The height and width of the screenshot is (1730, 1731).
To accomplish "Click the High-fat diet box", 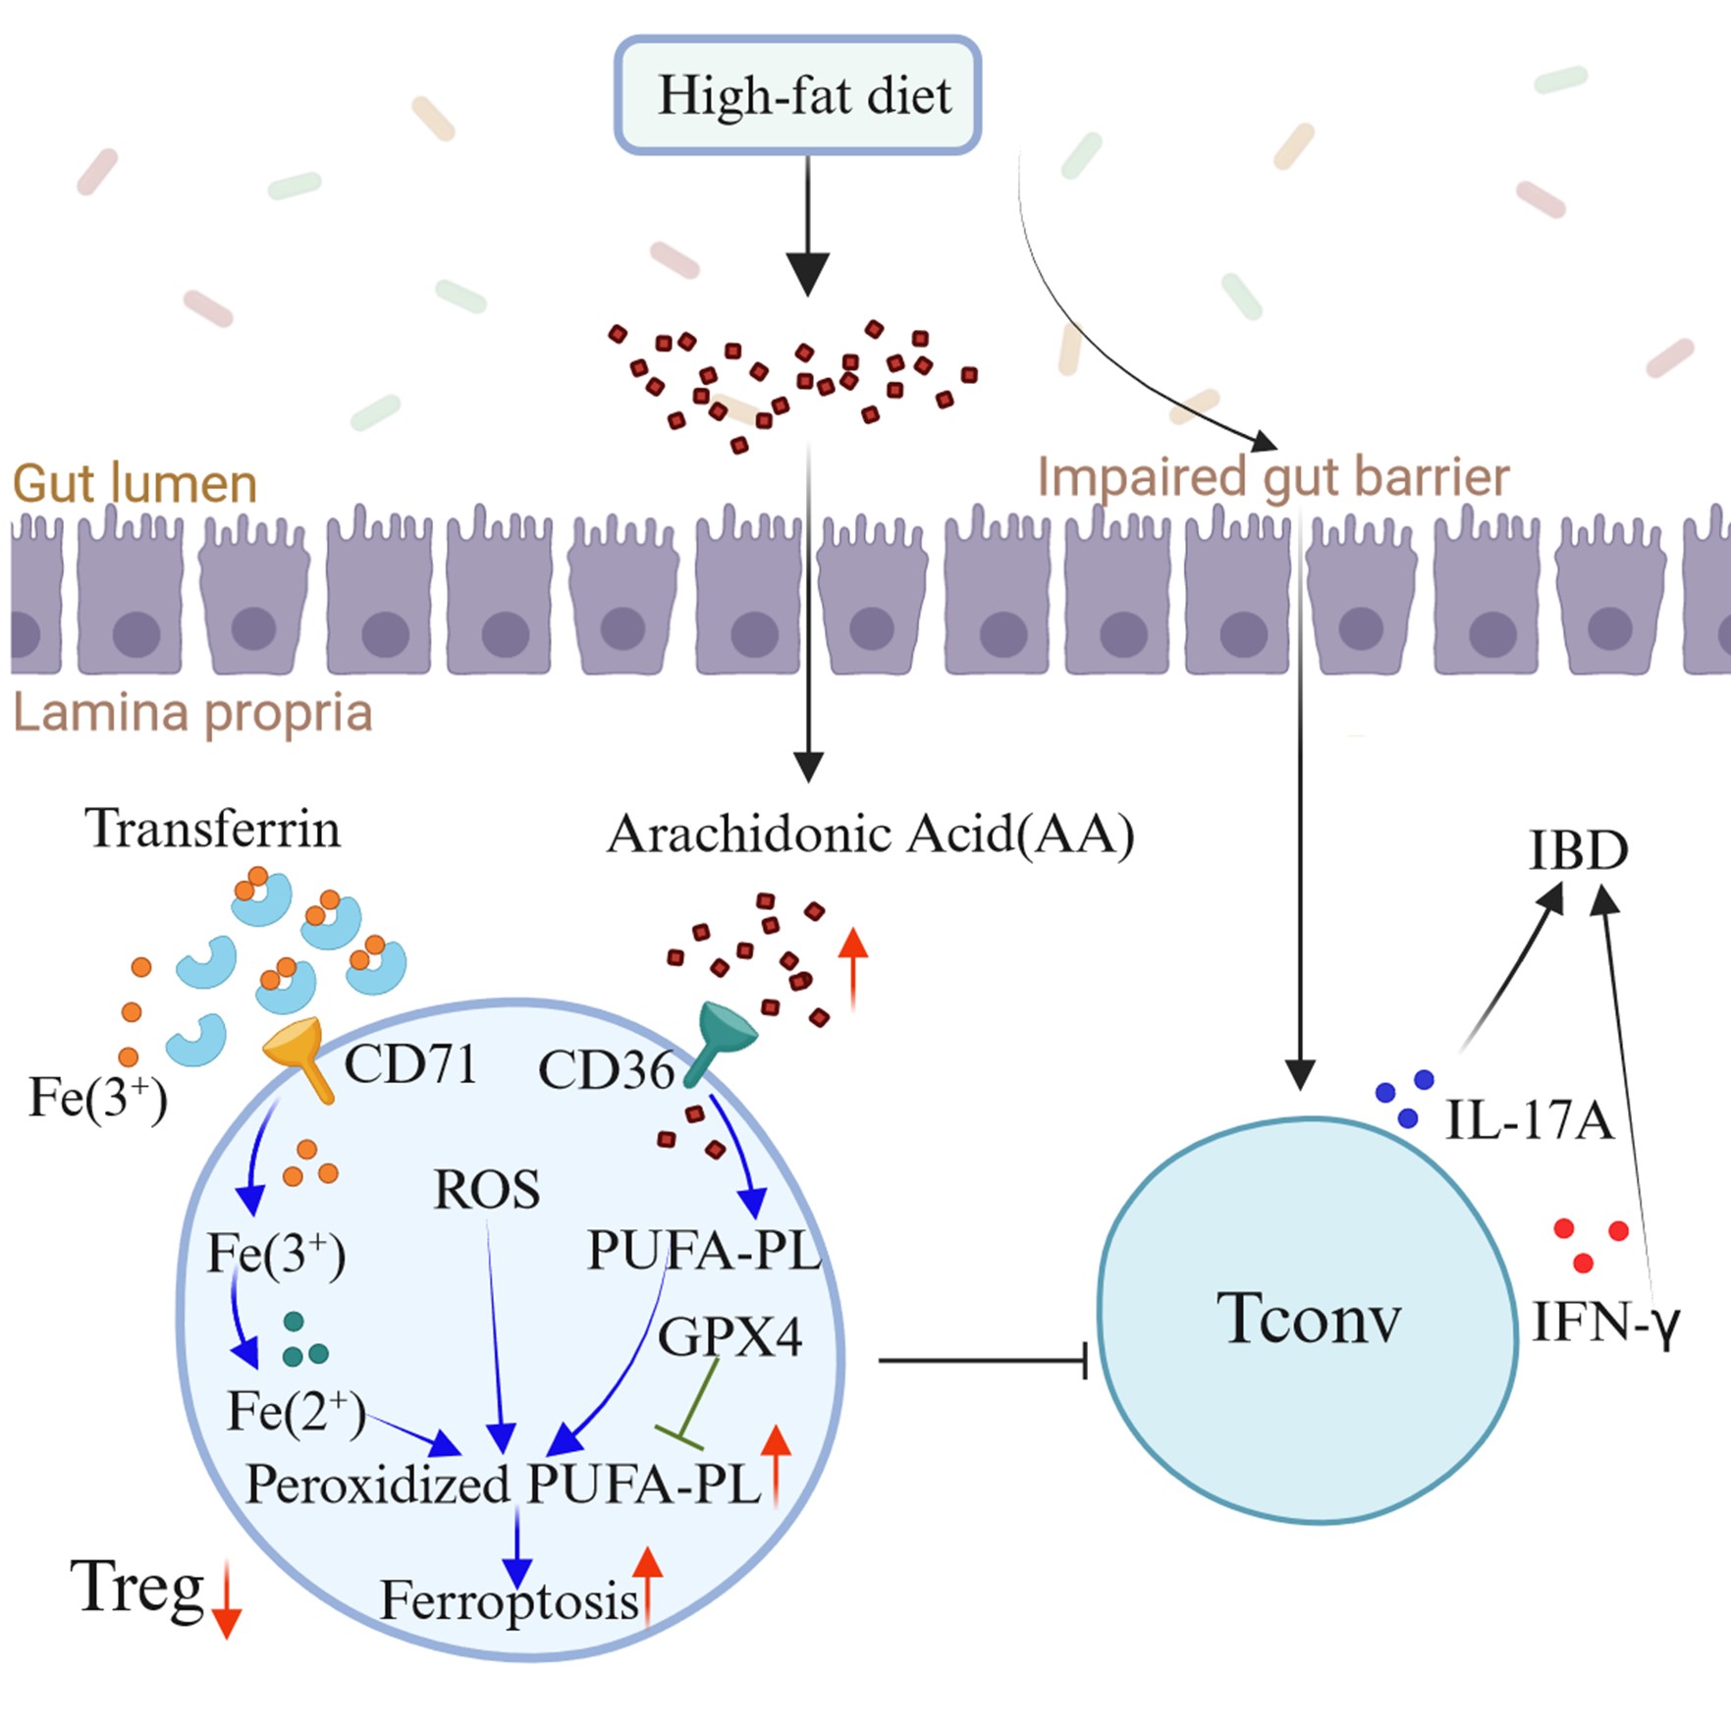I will pyautogui.click(x=797, y=95).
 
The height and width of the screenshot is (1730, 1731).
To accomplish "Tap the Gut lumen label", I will pyautogui.click(x=135, y=483).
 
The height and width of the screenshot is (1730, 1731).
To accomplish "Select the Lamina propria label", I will pyautogui.click(x=192, y=713).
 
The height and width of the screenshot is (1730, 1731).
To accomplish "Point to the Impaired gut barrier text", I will pyautogui.click(x=1272, y=478).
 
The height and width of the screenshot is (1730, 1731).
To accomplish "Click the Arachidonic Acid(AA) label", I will pyautogui.click(x=870, y=835).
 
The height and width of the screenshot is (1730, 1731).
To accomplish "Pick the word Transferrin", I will pyautogui.click(x=213, y=829).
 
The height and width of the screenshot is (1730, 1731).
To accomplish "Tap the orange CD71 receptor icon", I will pyautogui.click(x=301, y=1054).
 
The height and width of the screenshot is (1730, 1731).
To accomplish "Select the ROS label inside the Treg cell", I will pyautogui.click(x=486, y=1190).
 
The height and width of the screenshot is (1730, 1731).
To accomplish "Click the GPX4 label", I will pyautogui.click(x=730, y=1336).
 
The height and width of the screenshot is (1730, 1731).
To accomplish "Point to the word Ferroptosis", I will pyautogui.click(x=510, y=1601).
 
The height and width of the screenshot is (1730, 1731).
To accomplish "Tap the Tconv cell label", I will pyautogui.click(x=1309, y=1318).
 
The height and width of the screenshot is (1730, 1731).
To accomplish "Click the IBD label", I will pyautogui.click(x=1578, y=850).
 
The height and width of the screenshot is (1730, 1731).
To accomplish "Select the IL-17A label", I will pyautogui.click(x=1530, y=1120).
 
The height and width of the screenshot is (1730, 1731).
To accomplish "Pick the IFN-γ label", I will pyautogui.click(x=1606, y=1323).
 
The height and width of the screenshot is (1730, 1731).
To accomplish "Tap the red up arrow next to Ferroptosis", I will pyautogui.click(x=647, y=1587).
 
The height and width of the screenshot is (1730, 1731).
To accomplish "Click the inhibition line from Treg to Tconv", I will pyautogui.click(x=982, y=1361).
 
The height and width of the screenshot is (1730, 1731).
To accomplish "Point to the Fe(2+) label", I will pyautogui.click(x=296, y=1412).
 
